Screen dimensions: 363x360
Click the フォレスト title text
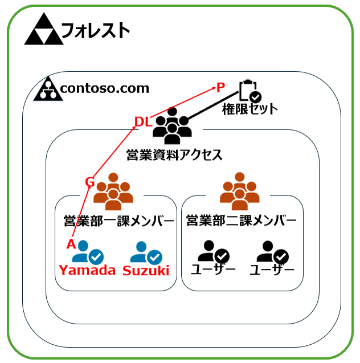[x=95, y=30]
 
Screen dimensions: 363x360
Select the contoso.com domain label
[x=104, y=88]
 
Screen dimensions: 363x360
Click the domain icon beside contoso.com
[x=48, y=89]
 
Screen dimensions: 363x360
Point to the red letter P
[x=220, y=87]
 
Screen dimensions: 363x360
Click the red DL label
[x=142, y=121]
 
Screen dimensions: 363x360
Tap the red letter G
[x=89, y=182]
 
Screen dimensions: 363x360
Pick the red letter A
[x=71, y=244]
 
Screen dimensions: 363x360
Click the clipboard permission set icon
[x=249, y=91]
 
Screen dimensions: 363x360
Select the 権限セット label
[x=250, y=109]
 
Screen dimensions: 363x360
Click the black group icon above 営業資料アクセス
[x=173, y=129]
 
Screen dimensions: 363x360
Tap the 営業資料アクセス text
[x=174, y=154]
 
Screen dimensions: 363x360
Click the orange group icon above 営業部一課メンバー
[x=114, y=190]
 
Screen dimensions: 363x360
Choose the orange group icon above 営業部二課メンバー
[x=240, y=190]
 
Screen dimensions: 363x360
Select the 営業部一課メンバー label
[x=118, y=221]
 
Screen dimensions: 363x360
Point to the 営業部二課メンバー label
[x=241, y=221]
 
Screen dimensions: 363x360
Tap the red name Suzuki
[x=146, y=271]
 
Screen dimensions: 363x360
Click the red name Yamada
[x=87, y=271]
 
